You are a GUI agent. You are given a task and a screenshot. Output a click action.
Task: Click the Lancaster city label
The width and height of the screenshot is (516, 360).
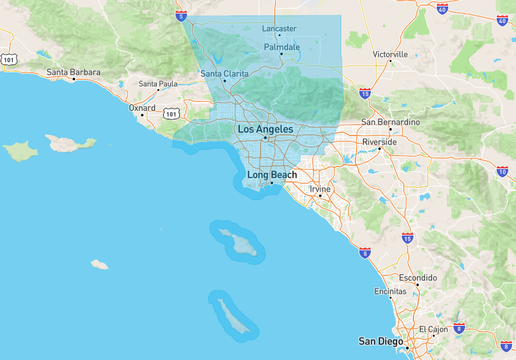[279, 28]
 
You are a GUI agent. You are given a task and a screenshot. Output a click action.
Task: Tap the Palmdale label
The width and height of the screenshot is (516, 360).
[282, 47]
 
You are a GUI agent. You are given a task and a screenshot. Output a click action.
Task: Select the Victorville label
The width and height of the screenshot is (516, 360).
[390, 54]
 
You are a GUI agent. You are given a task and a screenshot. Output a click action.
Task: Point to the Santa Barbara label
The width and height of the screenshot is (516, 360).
[74, 72]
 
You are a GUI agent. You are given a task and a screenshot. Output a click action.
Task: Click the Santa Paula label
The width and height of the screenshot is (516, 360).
[158, 84]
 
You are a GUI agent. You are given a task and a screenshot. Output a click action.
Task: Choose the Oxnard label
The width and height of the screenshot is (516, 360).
[142, 108]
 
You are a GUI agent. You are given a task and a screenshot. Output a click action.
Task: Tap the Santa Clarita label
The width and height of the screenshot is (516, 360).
[224, 74]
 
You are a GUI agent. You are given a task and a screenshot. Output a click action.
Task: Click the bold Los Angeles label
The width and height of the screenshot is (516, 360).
[265, 130]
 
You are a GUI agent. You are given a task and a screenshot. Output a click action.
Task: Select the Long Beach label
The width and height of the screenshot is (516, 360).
[272, 175]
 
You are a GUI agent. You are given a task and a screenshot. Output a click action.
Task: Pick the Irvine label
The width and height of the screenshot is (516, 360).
[320, 189]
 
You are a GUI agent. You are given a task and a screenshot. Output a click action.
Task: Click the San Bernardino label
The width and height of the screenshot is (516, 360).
[390, 122]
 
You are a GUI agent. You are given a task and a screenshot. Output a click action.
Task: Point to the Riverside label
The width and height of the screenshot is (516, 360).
[380, 141]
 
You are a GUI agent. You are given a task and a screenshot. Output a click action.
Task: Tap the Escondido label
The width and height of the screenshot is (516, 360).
[418, 278]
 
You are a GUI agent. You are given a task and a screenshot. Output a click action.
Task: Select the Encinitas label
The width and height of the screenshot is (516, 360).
[390, 292]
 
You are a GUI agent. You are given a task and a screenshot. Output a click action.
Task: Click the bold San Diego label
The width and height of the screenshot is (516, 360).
[381, 341]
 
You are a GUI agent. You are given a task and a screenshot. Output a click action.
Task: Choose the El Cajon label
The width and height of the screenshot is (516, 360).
[433, 329]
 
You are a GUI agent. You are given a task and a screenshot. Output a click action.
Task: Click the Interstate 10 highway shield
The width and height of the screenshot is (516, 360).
[502, 171]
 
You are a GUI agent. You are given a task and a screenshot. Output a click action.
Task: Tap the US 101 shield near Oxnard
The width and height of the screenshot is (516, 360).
[170, 114]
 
